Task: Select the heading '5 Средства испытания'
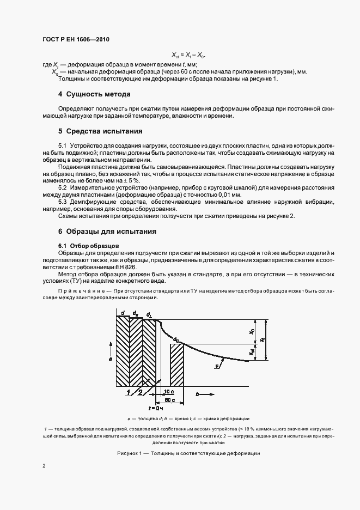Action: (x=100, y=131)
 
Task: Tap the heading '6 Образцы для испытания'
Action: (x=107, y=232)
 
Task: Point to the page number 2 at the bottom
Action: (x=44, y=466)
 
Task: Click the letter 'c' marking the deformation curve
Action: (x=217, y=366)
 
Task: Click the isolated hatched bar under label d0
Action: (x=178, y=364)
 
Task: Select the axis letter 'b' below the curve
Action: (x=197, y=393)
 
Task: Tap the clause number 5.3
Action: (x=62, y=202)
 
